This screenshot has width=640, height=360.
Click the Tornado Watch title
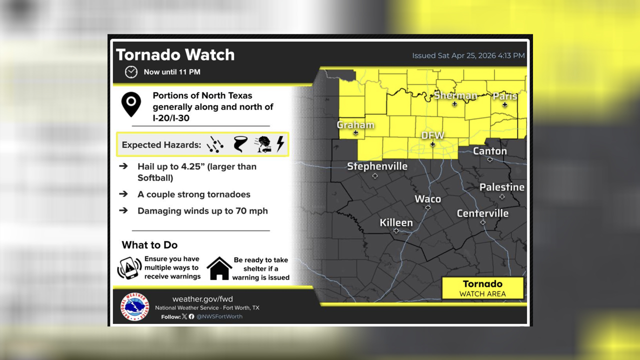tap(175, 54)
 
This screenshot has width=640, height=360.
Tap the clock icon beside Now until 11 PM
tap(131, 72)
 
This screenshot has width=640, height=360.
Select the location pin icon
tap(131, 104)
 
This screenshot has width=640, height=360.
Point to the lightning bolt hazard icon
tap(280, 144)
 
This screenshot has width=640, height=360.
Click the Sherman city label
tap(455, 95)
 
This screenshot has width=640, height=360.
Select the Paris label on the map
tap(504, 96)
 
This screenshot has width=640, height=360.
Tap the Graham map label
tap(355, 125)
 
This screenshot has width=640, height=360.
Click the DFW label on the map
tap(432, 135)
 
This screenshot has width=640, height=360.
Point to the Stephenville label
tap(377, 166)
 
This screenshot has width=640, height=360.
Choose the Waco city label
tap(428, 199)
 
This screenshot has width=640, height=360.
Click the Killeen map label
tap(396, 222)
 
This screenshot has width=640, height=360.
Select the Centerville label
tap(482, 213)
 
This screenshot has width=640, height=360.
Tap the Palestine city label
tap(502, 187)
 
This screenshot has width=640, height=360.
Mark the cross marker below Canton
tap(490, 159)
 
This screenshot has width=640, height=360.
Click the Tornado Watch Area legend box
tap(482, 288)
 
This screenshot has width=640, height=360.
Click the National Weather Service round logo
tap(134, 306)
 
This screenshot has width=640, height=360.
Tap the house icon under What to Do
tap(219, 268)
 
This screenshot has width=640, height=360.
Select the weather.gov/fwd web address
tap(202, 299)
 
